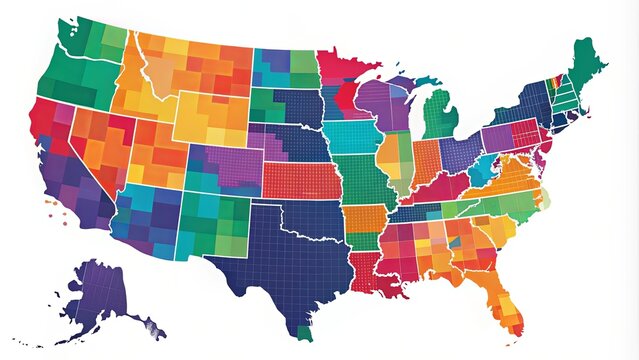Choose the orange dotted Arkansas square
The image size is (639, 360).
coord(364,225)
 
